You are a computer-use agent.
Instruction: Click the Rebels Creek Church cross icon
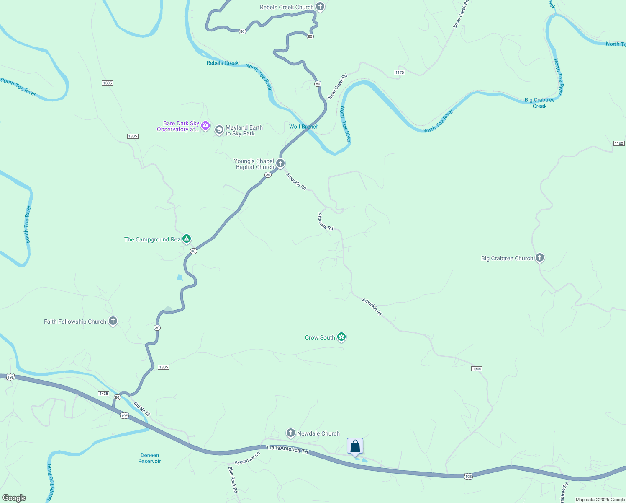[x=320, y=7]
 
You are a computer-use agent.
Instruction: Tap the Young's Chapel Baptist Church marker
[x=280, y=163]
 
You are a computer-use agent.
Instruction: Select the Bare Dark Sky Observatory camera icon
[x=205, y=125]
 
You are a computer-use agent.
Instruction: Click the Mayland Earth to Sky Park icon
[x=219, y=130]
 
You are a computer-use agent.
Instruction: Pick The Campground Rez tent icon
[x=187, y=239]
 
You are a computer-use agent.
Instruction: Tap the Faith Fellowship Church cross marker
[x=113, y=321]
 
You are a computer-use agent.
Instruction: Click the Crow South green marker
[x=341, y=337]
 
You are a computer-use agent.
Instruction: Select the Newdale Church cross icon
[x=290, y=433]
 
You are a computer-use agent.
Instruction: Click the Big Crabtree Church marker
[x=540, y=258]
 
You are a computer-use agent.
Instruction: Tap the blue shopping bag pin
[x=355, y=446]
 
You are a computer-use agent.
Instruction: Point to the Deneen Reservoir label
[x=149, y=458]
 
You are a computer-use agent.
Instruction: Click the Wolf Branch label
[x=304, y=127]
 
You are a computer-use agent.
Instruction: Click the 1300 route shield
[x=477, y=369]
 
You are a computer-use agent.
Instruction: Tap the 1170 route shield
[x=399, y=73]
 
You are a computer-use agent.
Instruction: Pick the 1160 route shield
[x=619, y=143]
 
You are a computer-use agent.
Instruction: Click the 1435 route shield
[x=103, y=394]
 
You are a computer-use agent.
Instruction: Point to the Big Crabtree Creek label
[x=539, y=103]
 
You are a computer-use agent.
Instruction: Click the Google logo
[x=14, y=498]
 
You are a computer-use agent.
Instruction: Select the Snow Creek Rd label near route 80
[x=337, y=87]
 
